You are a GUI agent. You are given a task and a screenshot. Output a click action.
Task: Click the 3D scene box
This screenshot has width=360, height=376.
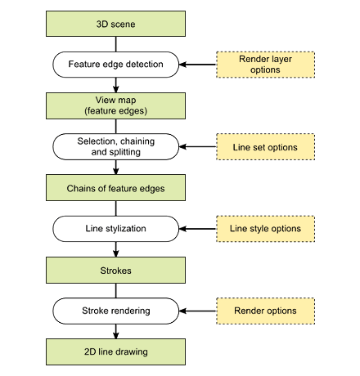coord(115,24)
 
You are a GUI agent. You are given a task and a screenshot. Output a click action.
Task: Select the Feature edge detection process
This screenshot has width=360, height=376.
coord(115,65)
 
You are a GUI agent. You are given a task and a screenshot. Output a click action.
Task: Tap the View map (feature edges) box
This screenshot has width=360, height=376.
coord(115,105)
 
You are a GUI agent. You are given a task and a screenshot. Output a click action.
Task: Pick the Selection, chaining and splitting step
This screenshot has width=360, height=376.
coord(115,146)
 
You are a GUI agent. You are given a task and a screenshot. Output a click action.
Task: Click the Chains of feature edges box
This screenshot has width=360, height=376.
coord(115,188)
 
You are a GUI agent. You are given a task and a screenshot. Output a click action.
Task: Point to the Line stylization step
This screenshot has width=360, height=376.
coord(115,229)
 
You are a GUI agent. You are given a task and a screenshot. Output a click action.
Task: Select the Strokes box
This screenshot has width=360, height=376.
coord(115,270)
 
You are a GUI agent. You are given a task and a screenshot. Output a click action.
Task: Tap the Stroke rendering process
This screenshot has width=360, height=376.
coord(115,311)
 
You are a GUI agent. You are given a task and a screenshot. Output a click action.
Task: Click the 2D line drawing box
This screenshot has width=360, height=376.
coord(115,351)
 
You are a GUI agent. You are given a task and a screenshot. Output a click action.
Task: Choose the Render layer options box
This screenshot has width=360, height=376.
coord(266,65)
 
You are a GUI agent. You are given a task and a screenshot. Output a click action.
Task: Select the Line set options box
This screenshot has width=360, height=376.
coord(266,146)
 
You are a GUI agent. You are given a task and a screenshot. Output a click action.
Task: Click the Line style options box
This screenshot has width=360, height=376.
coord(266,229)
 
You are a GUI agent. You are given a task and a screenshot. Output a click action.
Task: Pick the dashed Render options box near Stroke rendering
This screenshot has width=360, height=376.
coord(266,311)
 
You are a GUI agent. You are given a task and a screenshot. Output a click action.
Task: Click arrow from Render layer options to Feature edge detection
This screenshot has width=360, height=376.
coord(197,65)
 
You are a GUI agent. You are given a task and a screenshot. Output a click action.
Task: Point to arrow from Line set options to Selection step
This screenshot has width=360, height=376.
coord(197,146)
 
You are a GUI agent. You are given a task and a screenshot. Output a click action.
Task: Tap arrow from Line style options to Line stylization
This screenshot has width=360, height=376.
coord(197,229)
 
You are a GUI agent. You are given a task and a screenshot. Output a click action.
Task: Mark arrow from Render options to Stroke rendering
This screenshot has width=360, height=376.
coord(197,311)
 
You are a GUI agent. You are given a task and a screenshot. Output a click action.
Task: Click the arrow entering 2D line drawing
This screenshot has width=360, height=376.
coord(115,331)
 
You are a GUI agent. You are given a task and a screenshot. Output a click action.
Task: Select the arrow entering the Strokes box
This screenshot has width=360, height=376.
coord(115,249)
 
